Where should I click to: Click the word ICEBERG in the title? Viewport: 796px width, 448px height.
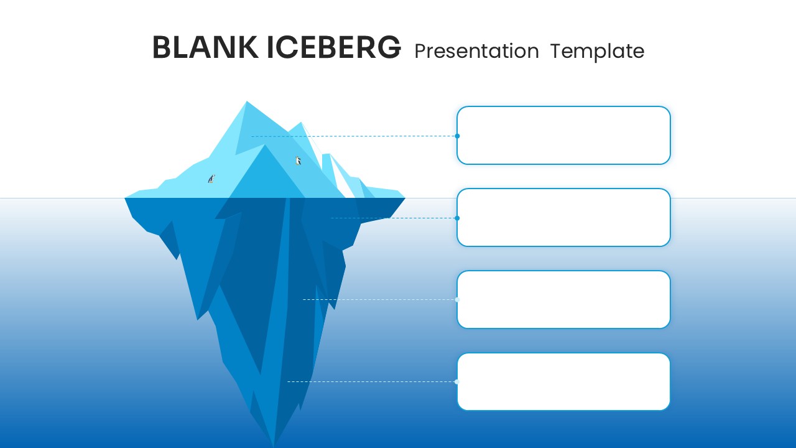(334, 48)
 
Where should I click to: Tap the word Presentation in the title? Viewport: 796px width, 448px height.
(476, 51)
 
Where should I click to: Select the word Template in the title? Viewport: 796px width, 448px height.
(597, 51)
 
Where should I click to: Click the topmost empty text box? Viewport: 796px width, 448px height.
(563, 135)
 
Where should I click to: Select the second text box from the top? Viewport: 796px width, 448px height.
(563, 217)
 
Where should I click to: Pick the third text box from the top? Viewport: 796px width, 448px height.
(563, 299)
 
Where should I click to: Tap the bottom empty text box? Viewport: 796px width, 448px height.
(563, 381)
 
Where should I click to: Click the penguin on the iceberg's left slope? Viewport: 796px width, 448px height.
(211, 179)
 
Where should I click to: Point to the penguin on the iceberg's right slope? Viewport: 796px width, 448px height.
(298, 161)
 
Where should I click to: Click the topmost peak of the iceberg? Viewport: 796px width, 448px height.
(247, 102)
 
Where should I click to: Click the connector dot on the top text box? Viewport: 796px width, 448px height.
(457, 136)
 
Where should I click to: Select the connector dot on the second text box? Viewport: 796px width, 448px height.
(457, 218)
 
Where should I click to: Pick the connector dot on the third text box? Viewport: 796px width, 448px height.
(457, 299)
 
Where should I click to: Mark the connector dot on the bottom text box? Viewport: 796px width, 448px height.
(457, 381)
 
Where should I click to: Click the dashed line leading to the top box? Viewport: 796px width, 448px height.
(354, 136)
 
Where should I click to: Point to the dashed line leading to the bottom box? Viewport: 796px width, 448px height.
(373, 381)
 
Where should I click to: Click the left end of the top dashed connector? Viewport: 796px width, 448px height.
(252, 136)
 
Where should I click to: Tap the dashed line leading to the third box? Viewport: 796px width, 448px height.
(379, 299)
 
